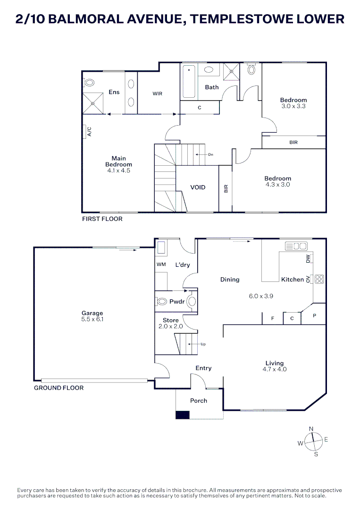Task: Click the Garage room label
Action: (92, 313)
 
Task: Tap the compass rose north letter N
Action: (311, 428)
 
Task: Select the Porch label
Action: (198, 400)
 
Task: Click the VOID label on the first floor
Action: (198, 187)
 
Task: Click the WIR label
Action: (157, 93)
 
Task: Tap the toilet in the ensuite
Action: (89, 83)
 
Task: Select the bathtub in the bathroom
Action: (189, 82)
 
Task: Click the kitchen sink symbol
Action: (296, 246)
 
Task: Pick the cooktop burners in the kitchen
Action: (319, 279)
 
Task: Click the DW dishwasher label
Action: (308, 259)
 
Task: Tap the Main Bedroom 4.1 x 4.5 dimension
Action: (118, 171)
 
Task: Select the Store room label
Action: (171, 320)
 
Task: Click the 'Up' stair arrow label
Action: (203, 344)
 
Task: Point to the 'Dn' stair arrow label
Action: (210, 154)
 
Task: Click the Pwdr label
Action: (177, 301)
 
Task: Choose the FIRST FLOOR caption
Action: (102, 219)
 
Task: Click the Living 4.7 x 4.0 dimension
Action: (274, 369)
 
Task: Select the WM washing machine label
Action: (161, 264)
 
